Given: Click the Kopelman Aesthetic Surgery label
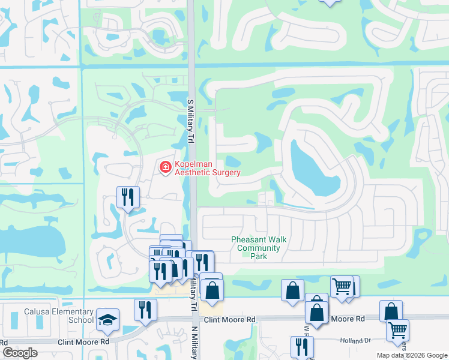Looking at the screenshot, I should [x=207, y=168].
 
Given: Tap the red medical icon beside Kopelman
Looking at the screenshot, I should [x=164, y=168].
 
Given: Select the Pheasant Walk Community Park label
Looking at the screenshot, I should [x=259, y=248].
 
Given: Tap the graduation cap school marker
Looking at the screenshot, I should [x=107, y=319].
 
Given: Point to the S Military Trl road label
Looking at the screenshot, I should [x=191, y=121].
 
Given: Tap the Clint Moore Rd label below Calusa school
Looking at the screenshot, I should [x=83, y=342].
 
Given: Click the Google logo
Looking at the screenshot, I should [x=20, y=353].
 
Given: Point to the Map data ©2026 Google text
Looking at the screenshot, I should [x=412, y=355].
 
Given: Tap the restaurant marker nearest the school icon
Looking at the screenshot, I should [x=145, y=310].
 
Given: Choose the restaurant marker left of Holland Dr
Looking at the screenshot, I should [x=302, y=346].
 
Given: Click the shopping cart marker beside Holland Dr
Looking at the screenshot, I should [x=397, y=330].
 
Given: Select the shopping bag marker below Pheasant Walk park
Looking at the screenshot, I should [x=292, y=291].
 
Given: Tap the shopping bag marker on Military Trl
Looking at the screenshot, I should [x=212, y=290].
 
